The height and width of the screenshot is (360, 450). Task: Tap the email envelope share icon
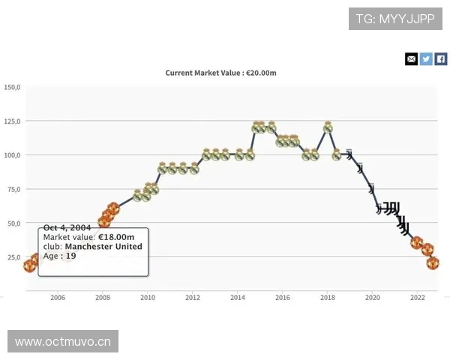pyautogui.click(x=411, y=58)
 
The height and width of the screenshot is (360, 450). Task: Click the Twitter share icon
pyautogui.click(x=426, y=58)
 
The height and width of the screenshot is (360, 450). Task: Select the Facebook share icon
pyautogui.click(x=441, y=58)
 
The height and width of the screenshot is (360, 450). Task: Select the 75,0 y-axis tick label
pyautogui.click(x=13, y=190)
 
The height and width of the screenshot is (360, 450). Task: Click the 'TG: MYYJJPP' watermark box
pyautogui.click(x=395, y=18)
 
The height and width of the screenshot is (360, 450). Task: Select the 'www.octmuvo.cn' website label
pyautogui.click(x=63, y=342)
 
